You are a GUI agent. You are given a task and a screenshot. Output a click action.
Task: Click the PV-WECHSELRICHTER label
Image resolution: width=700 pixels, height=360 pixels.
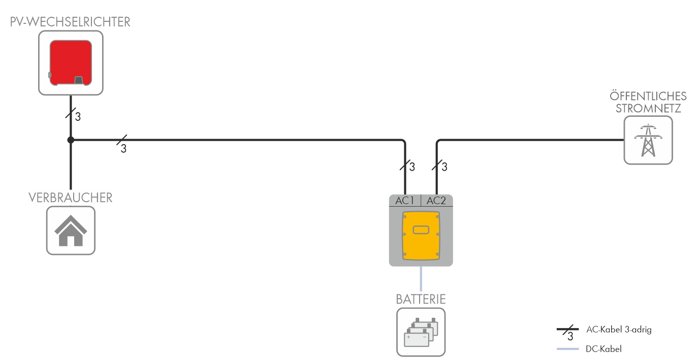coord(70,22)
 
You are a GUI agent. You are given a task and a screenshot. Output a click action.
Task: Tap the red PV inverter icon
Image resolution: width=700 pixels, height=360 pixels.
coord(71,62)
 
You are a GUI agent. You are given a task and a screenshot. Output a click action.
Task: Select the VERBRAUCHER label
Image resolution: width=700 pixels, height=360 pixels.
coord(71,198)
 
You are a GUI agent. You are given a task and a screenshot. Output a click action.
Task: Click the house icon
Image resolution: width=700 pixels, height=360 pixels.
coord(71,231)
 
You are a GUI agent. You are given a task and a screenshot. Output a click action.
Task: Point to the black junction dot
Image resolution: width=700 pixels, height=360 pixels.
coord(71,140)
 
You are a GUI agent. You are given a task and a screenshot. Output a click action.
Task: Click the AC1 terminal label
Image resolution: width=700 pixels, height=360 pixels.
coord(405,201)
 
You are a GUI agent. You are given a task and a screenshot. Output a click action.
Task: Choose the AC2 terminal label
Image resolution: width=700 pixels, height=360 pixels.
coord(436,201)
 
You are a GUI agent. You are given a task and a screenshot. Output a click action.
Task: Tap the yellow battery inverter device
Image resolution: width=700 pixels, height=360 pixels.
coord(421,236)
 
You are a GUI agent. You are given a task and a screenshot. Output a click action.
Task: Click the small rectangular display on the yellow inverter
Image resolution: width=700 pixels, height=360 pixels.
coord(421,230)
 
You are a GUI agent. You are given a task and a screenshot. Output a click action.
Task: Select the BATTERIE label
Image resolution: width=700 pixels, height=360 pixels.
coord(421,299)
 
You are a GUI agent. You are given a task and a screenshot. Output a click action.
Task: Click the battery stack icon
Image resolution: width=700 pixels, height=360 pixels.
coord(421,332)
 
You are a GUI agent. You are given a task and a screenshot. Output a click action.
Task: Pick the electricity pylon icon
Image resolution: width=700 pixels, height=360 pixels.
coord(648,140)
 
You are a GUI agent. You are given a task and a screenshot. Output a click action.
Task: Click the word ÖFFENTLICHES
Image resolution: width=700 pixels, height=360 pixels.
coord(648,96)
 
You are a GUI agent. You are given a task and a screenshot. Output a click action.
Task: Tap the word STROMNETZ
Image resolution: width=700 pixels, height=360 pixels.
coord(648,108)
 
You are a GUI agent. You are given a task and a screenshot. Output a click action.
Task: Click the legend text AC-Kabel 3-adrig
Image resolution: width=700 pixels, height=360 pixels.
coord(618,330)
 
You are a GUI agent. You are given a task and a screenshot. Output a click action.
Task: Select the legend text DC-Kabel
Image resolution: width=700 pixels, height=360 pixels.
coord(603,349)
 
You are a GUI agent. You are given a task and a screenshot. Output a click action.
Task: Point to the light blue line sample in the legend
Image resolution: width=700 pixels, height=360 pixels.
coord(568,349)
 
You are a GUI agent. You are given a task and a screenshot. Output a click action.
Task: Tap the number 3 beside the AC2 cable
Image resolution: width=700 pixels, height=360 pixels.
coord(444,167)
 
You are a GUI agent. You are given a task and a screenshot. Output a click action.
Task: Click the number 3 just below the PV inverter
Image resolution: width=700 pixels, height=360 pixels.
coord(78,117)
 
